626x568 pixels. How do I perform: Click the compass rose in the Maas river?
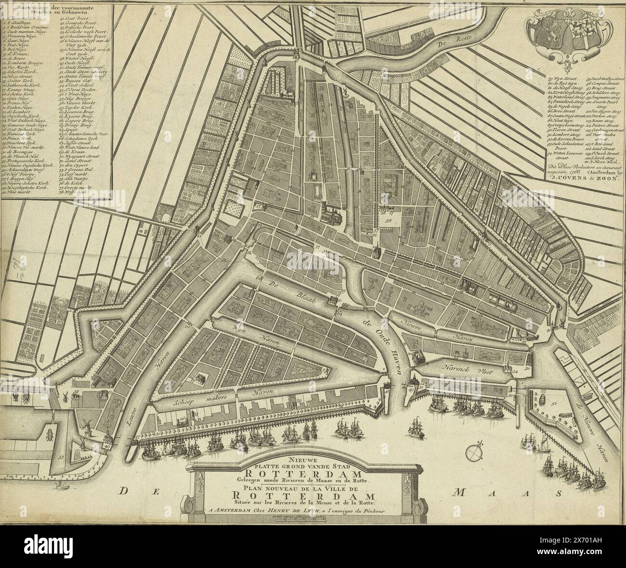(474, 452)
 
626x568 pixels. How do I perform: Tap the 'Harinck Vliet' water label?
(460, 366)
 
